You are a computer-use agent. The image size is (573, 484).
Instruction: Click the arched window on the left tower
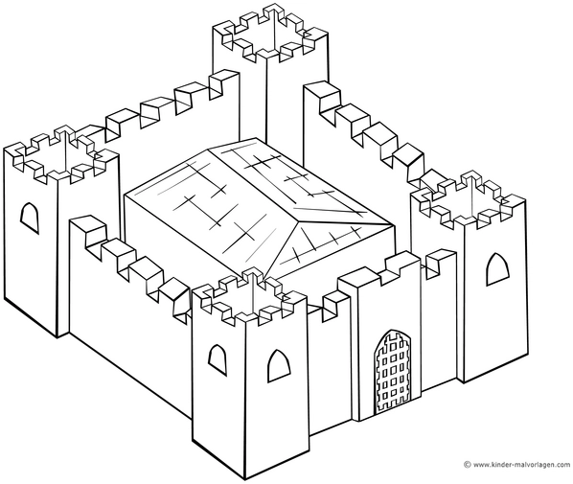(30, 219)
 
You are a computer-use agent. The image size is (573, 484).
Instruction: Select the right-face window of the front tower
(279, 366)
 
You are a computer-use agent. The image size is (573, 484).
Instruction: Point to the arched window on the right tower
(497, 269)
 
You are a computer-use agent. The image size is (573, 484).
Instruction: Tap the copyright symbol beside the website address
(467, 465)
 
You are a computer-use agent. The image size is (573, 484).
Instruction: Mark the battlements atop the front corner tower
(249, 296)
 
